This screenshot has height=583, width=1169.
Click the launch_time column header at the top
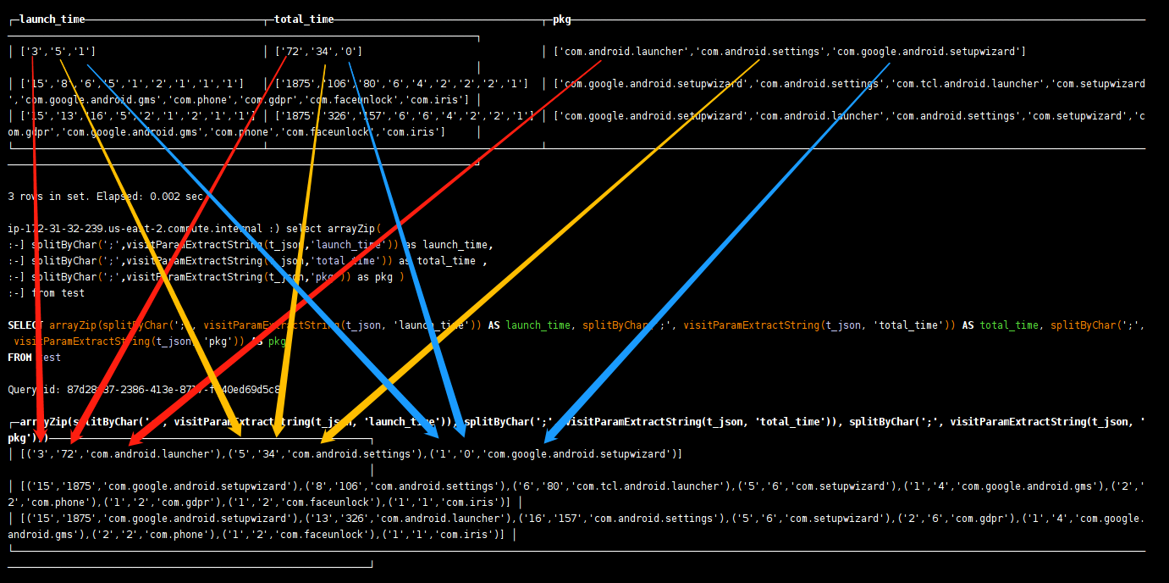coord(52,19)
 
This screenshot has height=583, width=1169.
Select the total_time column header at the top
coord(304,19)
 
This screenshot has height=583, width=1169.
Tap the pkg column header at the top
coord(562,19)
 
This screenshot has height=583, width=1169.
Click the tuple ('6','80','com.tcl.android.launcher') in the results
coord(621,486)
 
